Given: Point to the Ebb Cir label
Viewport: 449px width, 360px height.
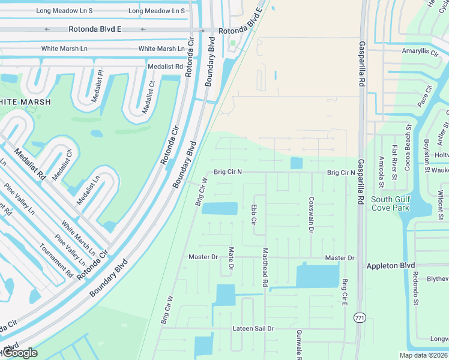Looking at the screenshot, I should pos(254,215).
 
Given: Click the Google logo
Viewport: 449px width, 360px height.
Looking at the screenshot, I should pos(19,352).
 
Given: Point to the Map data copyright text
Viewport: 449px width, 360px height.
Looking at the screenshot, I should pos(423,355).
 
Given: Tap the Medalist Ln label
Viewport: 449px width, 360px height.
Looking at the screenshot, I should pos(88,190).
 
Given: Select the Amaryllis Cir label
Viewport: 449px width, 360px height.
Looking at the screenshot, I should pos(420,52).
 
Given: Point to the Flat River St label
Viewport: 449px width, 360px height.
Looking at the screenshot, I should pos(394,162).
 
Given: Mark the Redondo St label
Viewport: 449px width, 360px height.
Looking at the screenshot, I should pos(415,289).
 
